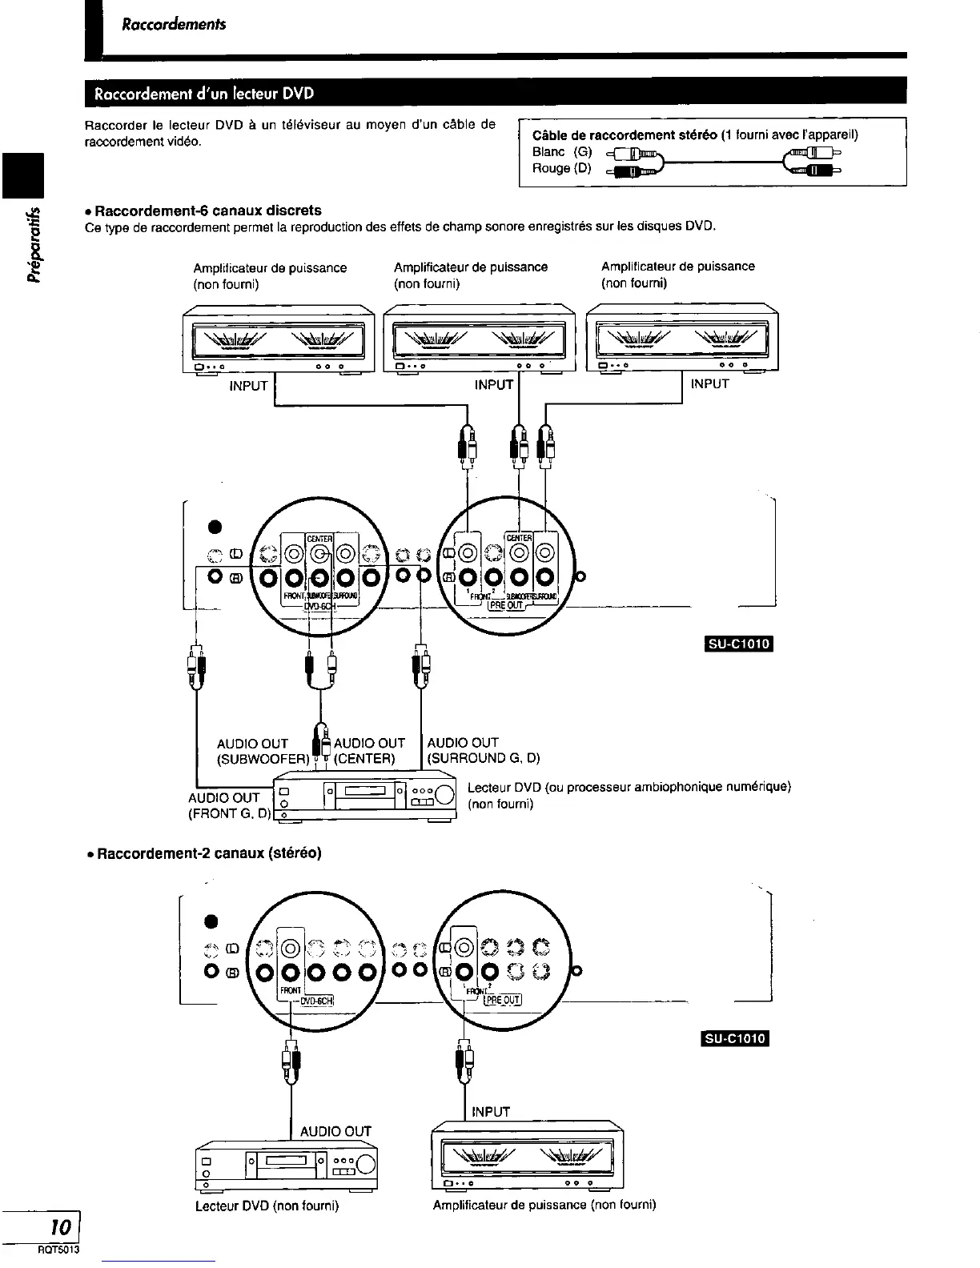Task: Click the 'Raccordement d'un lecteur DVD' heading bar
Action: click(204, 93)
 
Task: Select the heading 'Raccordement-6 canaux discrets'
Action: click(208, 211)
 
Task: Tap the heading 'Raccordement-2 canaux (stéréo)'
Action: click(209, 853)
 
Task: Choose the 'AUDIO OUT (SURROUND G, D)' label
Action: click(484, 750)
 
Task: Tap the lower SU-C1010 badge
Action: click(734, 1039)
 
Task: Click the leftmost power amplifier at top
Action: click(278, 339)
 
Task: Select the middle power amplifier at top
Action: click(480, 339)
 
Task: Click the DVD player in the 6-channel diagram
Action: click(364, 798)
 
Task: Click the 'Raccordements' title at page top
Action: click(174, 24)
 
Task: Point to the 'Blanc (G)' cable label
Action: click(561, 151)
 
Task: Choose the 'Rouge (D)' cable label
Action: click(561, 168)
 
